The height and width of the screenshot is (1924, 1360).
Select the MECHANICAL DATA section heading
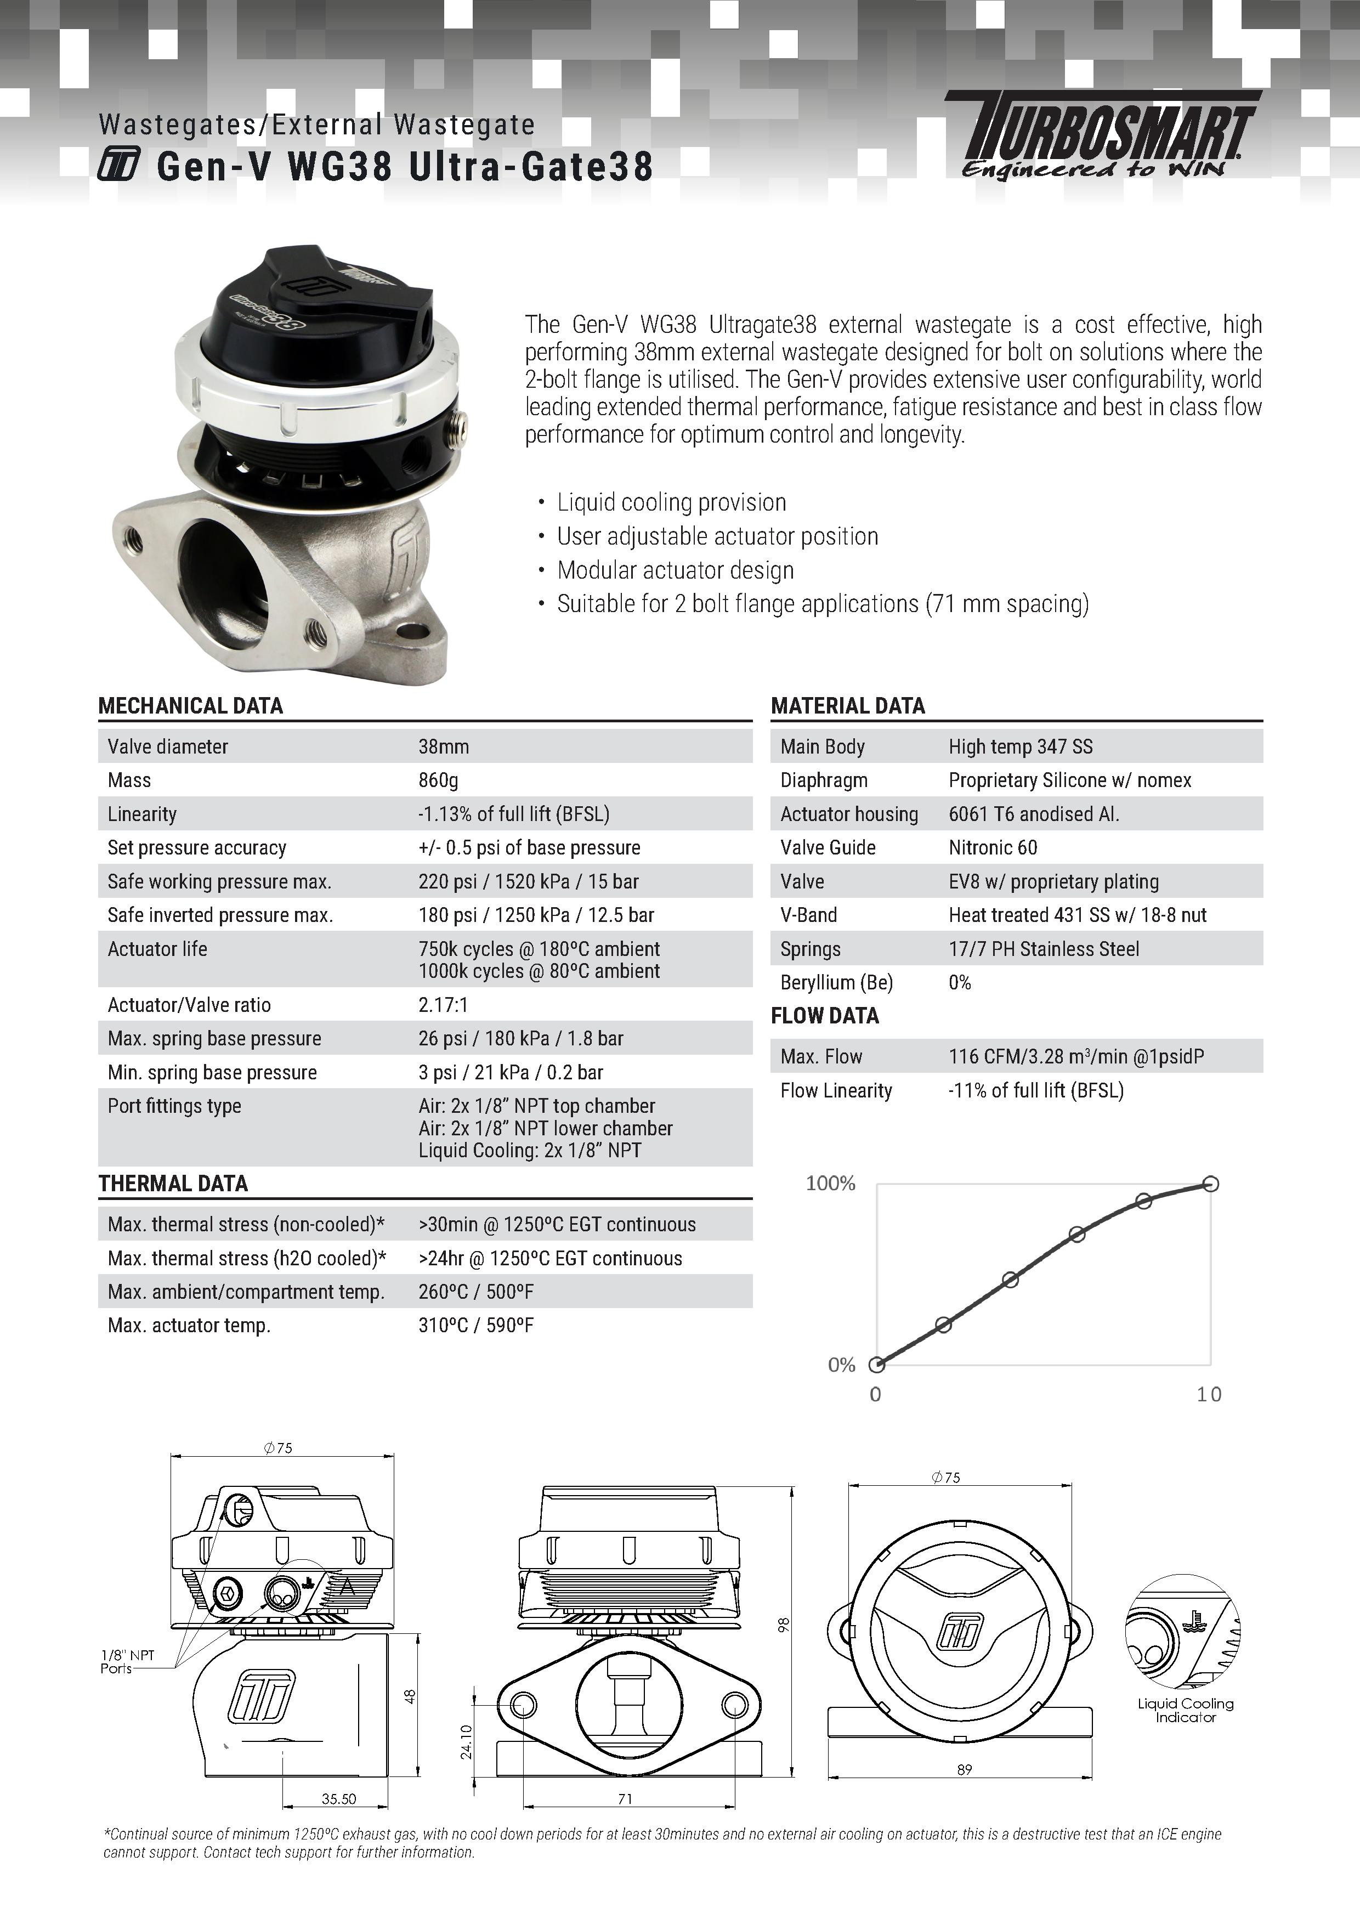(190, 705)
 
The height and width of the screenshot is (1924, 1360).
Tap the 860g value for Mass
(438, 780)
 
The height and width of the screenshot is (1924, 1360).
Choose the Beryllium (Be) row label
(836, 982)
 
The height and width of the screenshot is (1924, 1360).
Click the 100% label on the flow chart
(830, 1183)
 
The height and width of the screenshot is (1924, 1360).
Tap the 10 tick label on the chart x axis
(1208, 1394)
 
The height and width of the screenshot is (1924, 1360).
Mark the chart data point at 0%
(876, 1365)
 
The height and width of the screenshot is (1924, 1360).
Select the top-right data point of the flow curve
(1210, 1184)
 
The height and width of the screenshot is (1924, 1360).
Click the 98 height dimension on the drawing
(784, 1626)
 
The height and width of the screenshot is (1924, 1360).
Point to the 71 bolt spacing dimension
(625, 1798)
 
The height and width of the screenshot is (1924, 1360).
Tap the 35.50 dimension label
(338, 1798)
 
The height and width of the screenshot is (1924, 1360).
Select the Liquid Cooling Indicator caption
(1185, 1710)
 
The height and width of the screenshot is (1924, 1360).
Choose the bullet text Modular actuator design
(676, 570)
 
